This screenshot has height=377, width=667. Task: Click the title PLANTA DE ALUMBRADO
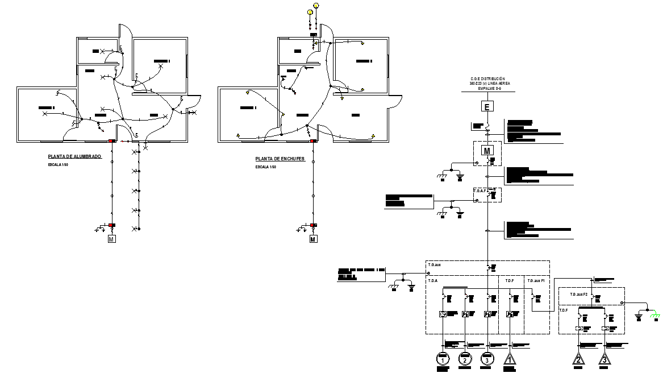(x=74, y=156)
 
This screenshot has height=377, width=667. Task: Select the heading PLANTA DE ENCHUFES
(x=280, y=159)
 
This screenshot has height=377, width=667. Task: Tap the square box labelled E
(x=486, y=106)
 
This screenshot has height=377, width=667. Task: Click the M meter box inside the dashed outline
(x=487, y=151)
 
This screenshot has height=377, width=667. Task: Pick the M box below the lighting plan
(x=111, y=239)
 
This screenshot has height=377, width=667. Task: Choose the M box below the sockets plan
(x=313, y=239)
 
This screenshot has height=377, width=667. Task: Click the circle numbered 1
(x=443, y=359)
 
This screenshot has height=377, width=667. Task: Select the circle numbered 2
(x=465, y=359)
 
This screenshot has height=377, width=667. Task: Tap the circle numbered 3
(x=487, y=359)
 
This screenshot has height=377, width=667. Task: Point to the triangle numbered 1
(x=510, y=360)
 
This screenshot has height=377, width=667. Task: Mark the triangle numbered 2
(x=579, y=360)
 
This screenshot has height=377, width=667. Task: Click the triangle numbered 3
(x=605, y=360)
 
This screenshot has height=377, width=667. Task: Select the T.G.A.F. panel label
(x=480, y=191)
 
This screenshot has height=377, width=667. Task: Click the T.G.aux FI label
(x=536, y=280)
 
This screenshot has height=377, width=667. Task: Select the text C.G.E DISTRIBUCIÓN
(x=487, y=79)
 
